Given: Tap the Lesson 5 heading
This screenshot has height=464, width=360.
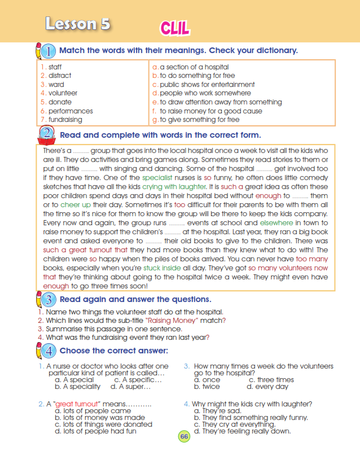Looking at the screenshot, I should (x=78, y=24).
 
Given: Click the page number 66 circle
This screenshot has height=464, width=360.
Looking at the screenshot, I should (x=185, y=437).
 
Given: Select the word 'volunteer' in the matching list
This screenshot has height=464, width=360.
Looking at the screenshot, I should (x=63, y=93).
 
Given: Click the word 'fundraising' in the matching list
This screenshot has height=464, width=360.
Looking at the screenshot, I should (x=65, y=120).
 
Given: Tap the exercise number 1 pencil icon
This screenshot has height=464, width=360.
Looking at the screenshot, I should (x=45, y=51).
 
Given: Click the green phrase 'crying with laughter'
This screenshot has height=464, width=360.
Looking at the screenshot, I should (x=174, y=186).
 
